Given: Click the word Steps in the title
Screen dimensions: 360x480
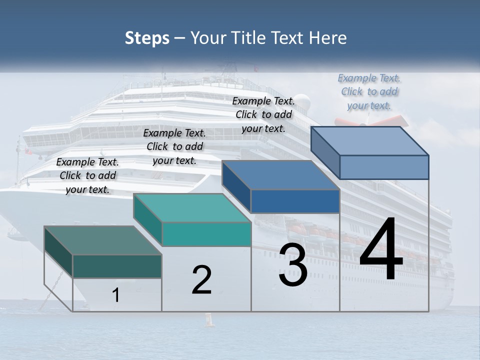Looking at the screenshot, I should point(147,38).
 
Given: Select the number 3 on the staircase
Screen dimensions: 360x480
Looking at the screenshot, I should point(293,265).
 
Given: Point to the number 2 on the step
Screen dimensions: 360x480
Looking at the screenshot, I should point(202,280).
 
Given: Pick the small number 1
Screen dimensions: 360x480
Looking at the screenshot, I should point(116,295).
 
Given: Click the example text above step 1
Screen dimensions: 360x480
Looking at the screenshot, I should point(88,175).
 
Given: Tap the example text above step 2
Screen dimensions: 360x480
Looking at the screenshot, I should point(174,146).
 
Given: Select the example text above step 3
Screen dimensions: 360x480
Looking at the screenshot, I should point(263,114).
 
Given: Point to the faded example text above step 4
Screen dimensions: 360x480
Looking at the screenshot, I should point(369,91).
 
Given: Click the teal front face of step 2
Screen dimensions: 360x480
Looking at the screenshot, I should point(206,234).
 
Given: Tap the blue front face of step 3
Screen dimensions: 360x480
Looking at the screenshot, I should point(295,201).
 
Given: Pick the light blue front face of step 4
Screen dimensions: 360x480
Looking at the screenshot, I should point(383,167).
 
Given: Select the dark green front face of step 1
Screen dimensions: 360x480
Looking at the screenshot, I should point(117,266).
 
